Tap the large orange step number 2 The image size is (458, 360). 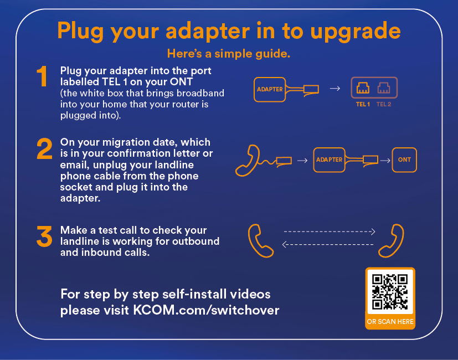pos(44,149)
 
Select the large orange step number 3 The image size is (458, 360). pos(44,236)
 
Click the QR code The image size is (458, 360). pos(390,291)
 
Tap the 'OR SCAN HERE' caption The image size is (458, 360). pos(390,321)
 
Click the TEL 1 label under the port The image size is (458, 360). pos(363,104)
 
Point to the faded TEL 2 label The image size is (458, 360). pos(384,104)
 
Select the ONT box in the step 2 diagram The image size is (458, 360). pos(404,160)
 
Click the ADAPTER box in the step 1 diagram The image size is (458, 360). pos(270,89)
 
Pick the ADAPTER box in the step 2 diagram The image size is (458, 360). pos(329,160)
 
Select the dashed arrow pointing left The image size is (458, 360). pos(328,244)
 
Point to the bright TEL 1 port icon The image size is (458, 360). pos(363,88)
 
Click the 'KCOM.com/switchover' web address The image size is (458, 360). pos(206,310)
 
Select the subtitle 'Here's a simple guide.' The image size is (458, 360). pos(229,54)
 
